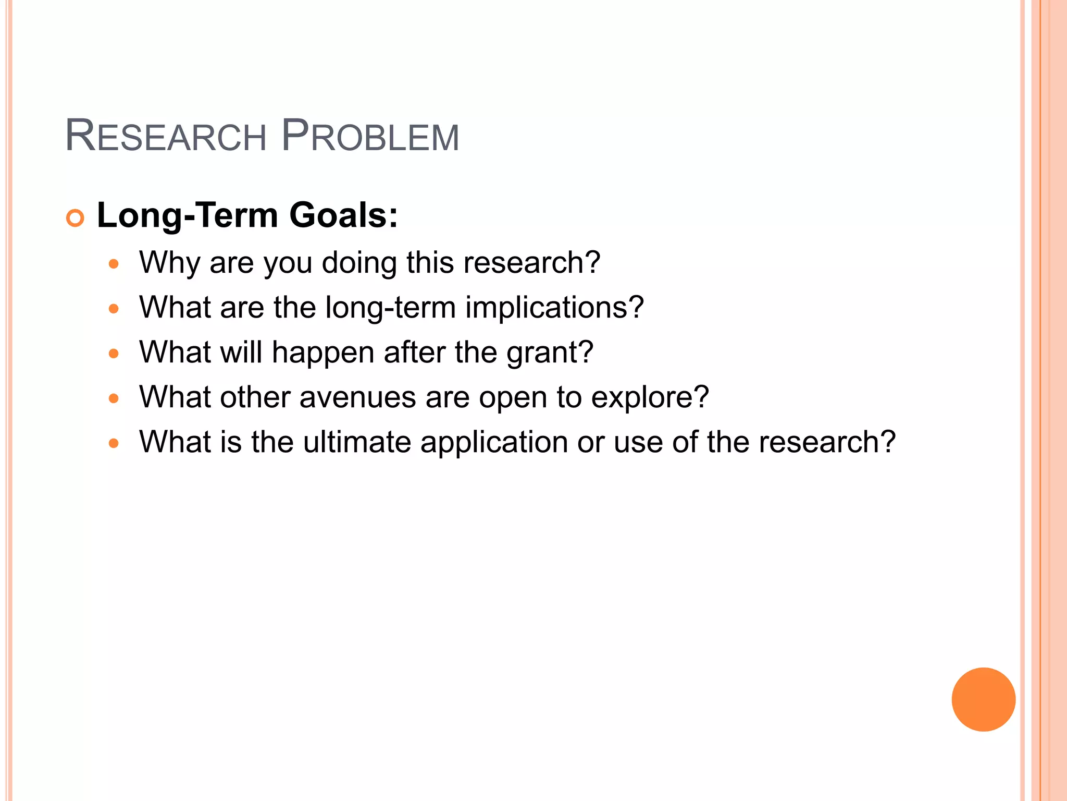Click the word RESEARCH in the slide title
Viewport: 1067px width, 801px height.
tap(166, 137)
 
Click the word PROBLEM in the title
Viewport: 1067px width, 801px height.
tap(370, 137)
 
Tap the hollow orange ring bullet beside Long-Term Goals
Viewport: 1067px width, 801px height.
tap(75, 218)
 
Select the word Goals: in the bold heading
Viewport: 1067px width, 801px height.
tap(343, 215)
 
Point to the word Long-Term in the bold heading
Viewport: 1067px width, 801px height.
tap(188, 215)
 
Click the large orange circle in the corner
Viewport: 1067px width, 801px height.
tap(983, 699)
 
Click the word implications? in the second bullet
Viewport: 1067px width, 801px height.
tap(554, 307)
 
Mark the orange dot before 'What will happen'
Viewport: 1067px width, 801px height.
tap(114, 354)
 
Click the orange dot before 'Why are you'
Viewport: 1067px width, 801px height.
tap(114, 264)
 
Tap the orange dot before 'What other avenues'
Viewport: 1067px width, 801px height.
tap(114, 399)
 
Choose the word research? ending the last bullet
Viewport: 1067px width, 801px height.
tap(827, 442)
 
